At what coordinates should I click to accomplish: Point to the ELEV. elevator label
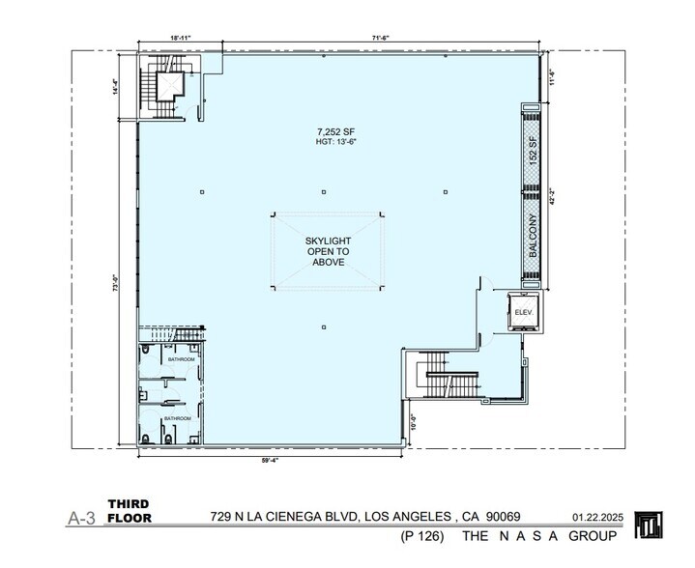click(x=523, y=313)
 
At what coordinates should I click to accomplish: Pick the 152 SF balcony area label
click(x=532, y=154)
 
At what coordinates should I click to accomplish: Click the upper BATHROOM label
click(x=181, y=359)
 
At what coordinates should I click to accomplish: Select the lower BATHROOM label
click(x=177, y=418)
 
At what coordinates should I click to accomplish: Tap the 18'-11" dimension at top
click(x=181, y=38)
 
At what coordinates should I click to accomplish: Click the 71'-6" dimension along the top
click(x=380, y=38)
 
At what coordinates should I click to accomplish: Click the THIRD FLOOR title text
click(x=130, y=511)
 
